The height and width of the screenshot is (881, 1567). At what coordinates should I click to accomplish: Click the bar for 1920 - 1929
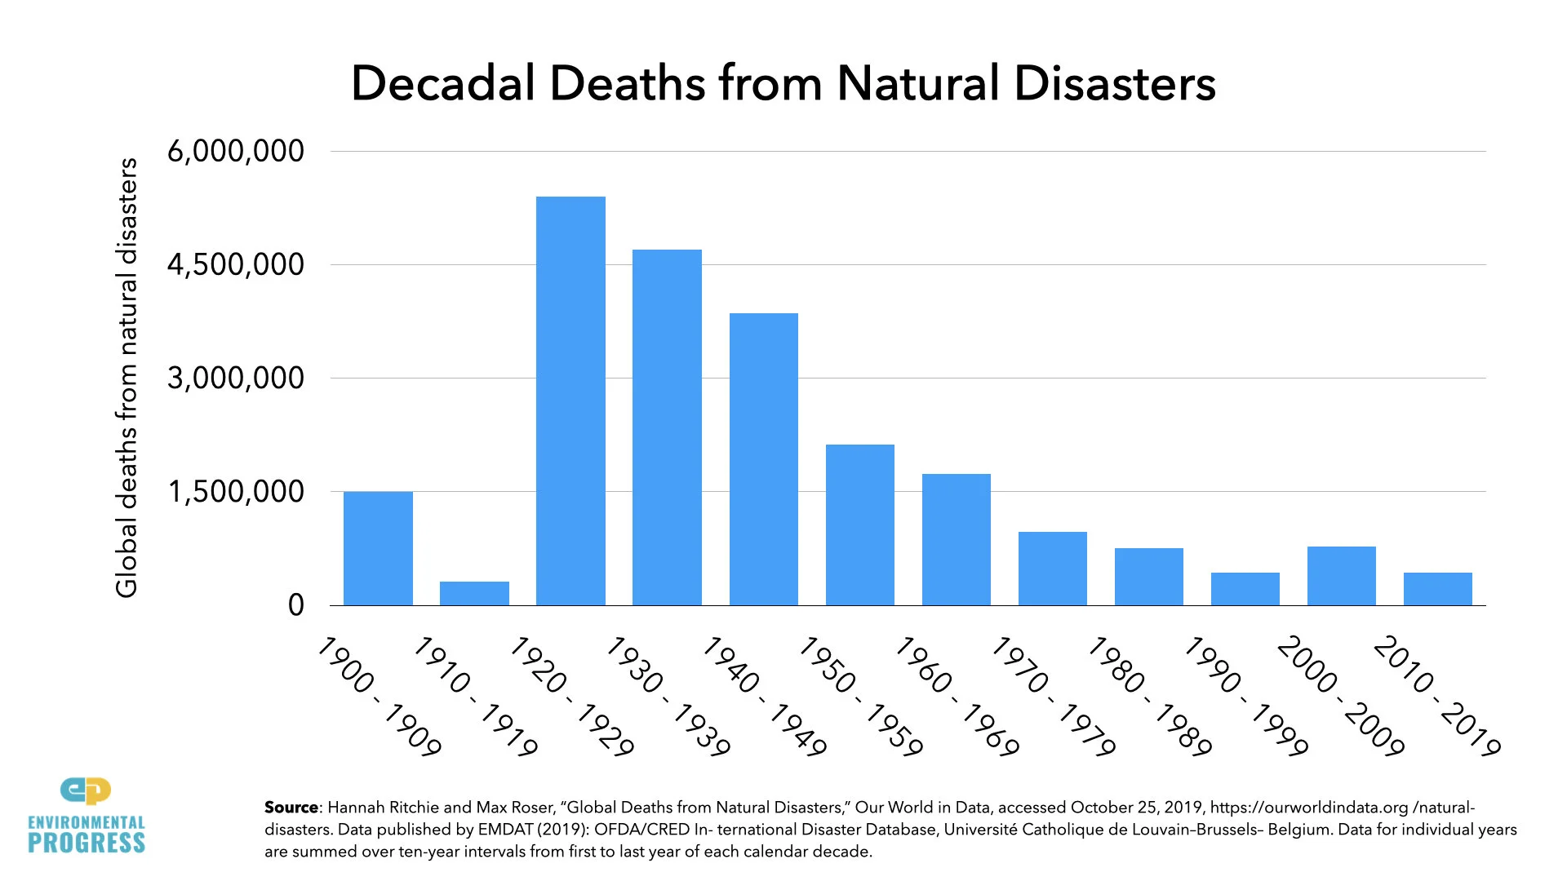point(570,401)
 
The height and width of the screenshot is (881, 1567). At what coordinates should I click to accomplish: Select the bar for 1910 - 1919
point(474,593)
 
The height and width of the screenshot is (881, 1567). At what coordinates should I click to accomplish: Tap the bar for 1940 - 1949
point(763,458)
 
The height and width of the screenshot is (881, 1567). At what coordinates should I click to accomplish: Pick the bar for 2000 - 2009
point(1341,575)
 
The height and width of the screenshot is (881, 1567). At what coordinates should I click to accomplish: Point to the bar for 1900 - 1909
point(378,547)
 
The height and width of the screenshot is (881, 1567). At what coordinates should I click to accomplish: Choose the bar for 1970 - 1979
point(1052,568)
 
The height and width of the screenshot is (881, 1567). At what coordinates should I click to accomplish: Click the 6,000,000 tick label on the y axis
point(235,151)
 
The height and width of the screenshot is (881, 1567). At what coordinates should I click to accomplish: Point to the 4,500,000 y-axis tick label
point(235,264)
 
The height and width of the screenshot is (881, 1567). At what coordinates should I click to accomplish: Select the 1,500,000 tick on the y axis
point(235,492)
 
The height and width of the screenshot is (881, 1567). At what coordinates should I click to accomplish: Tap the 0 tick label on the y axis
point(295,605)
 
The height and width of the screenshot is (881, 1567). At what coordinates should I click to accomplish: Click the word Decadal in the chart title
point(442,83)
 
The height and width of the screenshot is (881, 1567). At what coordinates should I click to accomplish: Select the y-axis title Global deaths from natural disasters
point(127,378)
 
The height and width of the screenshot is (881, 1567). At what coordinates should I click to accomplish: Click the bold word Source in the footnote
point(291,808)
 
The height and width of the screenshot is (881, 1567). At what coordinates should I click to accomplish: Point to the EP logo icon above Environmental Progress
point(86,790)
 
